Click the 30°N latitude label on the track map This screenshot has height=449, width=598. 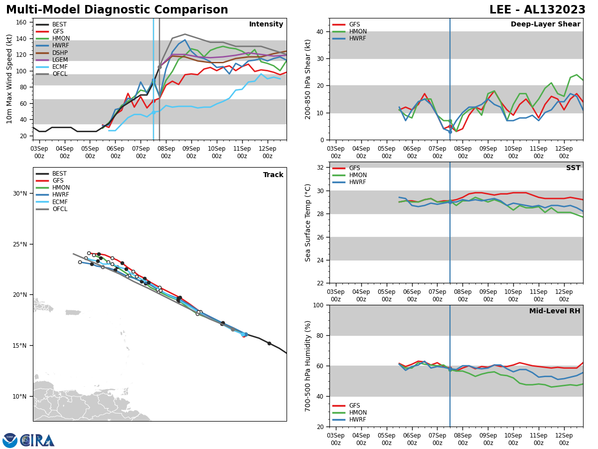coord(20,194)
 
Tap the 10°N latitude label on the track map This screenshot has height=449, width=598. coord(20,397)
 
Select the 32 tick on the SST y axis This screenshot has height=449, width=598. coord(322,167)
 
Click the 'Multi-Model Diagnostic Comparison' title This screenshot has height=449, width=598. coord(117,10)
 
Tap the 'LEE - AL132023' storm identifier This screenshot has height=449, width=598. coord(537,10)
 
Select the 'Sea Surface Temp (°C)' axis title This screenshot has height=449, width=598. coord(308,223)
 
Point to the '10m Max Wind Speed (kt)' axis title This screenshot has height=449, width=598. coord(9,79)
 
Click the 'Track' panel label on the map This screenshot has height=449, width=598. coord(273,175)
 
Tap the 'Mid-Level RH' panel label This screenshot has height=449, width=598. coord(555,311)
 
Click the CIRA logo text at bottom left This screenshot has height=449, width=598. coord(38,440)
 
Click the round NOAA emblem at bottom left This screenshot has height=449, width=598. coord(10,440)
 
